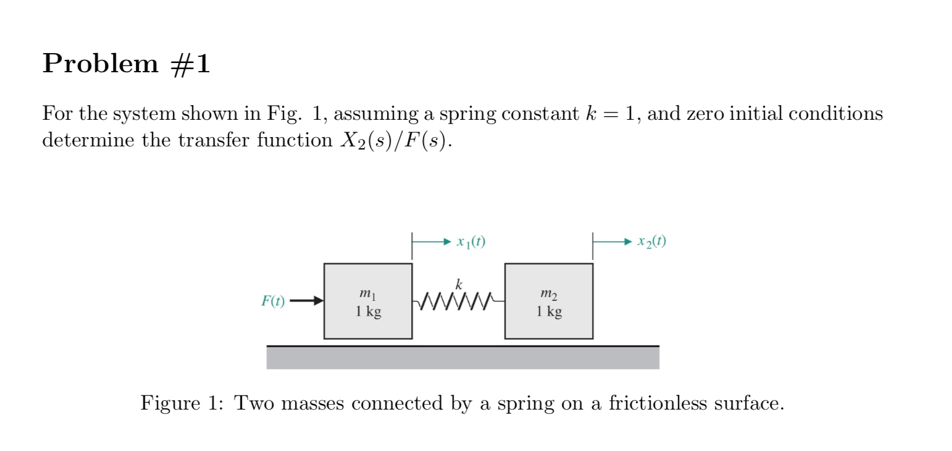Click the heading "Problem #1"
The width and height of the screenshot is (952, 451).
(x=126, y=64)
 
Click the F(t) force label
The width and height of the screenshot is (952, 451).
(x=273, y=301)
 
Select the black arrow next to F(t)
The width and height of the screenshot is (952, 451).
(x=306, y=301)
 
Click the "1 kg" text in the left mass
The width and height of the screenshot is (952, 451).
(x=368, y=311)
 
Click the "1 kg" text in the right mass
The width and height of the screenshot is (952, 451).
(x=549, y=311)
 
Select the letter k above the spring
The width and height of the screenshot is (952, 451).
(x=458, y=285)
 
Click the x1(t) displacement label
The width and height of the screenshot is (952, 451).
(x=471, y=242)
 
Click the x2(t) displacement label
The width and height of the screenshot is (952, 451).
(x=652, y=242)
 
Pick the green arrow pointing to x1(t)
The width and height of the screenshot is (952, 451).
(x=432, y=242)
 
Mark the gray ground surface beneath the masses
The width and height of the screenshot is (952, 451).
(x=462, y=358)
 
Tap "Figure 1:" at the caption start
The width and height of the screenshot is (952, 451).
(x=180, y=403)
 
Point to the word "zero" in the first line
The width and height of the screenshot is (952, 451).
(x=708, y=114)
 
